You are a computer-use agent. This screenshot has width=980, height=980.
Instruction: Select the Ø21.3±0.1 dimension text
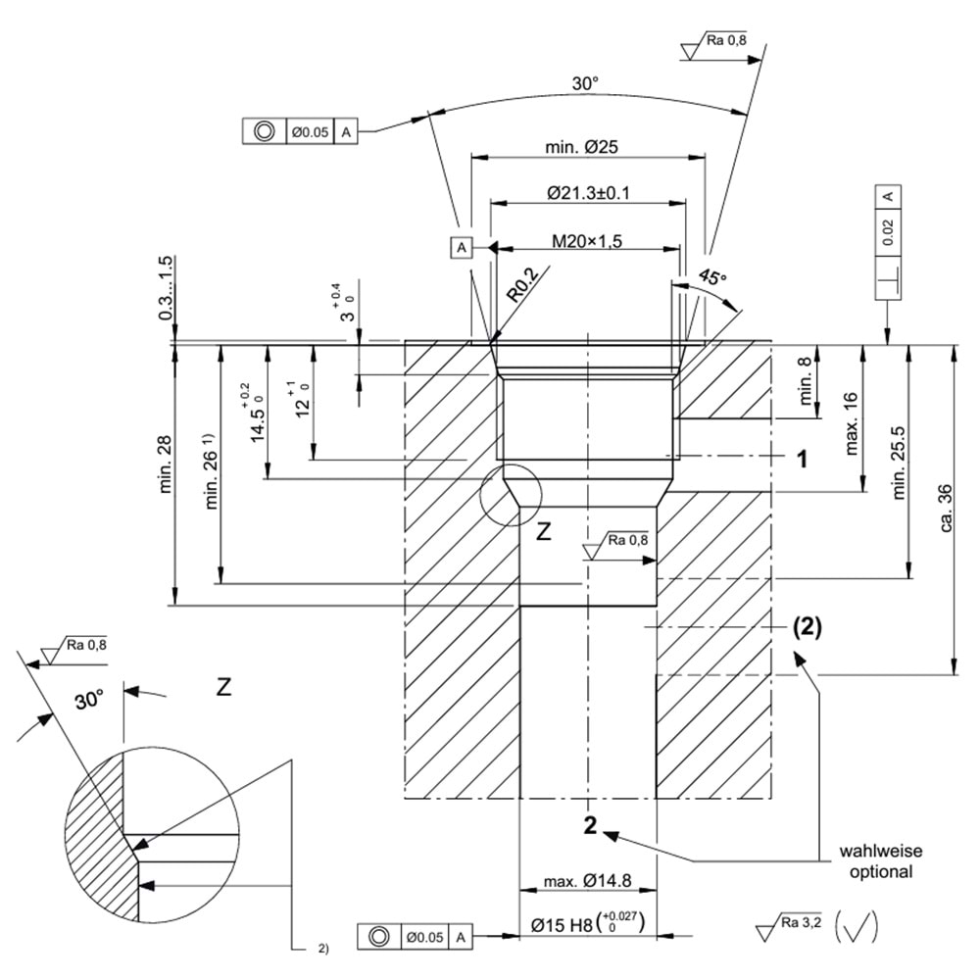[x=588, y=193]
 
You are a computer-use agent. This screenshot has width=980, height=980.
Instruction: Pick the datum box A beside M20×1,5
[x=462, y=247]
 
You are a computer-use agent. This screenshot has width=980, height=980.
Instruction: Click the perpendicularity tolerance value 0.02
[x=888, y=231]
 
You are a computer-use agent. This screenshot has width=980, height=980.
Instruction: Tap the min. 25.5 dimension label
[x=903, y=462]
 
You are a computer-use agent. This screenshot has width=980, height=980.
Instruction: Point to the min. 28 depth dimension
[x=166, y=465]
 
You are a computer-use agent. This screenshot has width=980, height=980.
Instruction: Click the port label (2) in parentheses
[x=807, y=628]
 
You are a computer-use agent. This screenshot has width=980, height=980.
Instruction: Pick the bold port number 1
[x=801, y=459]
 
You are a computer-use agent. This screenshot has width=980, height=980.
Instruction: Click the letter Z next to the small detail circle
[x=544, y=532]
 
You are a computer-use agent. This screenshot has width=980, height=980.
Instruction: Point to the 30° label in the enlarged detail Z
[x=88, y=700]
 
